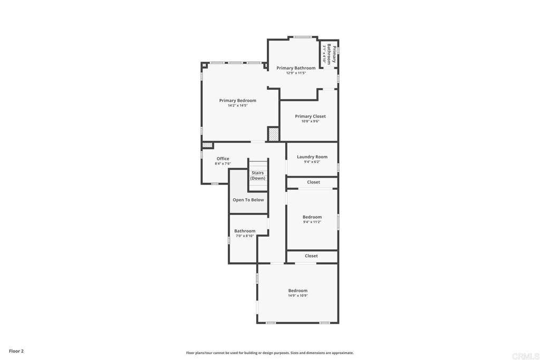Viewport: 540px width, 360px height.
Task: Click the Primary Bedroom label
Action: click(x=237, y=101)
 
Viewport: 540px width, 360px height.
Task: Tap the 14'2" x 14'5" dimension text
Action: click(x=237, y=106)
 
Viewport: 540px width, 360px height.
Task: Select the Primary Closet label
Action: click(x=310, y=116)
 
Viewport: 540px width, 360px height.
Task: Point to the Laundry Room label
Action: click(x=312, y=157)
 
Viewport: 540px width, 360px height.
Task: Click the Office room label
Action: click(x=223, y=159)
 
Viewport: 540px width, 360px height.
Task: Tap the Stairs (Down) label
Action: click(x=257, y=176)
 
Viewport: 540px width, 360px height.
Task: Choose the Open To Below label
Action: click(x=248, y=200)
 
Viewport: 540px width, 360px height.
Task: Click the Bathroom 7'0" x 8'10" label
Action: click(x=245, y=231)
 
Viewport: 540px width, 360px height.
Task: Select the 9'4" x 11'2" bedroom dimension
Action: click(x=312, y=222)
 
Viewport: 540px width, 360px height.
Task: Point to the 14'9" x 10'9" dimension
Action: click(x=297, y=296)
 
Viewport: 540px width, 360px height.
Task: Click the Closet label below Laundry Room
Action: click(x=313, y=182)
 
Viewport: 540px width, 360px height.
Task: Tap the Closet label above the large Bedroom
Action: click(x=311, y=256)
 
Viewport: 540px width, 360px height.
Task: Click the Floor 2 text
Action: click(x=16, y=351)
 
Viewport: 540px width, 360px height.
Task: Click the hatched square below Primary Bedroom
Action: click(x=273, y=134)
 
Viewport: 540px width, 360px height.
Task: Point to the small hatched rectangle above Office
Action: click(x=207, y=145)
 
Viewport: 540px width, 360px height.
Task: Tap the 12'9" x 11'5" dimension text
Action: click(x=296, y=73)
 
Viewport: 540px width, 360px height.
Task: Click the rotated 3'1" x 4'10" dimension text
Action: click(x=324, y=54)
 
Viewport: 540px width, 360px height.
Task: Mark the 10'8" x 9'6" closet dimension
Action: click(x=310, y=121)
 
